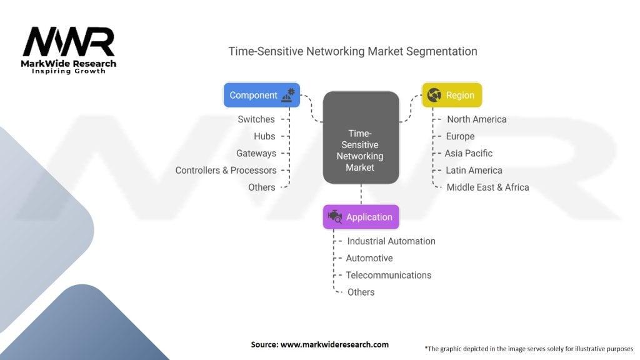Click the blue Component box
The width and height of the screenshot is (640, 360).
(261, 96)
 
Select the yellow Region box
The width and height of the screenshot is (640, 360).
(452, 96)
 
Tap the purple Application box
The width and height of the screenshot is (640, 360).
(361, 217)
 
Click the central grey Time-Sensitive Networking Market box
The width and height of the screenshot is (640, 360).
(361, 138)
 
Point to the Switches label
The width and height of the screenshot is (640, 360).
(256, 119)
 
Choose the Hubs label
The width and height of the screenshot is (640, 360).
(264, 136)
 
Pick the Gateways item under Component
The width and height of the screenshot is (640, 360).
(256, 153)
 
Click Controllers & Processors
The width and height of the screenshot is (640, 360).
(226, 170)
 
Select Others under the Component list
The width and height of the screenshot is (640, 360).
(261, 187)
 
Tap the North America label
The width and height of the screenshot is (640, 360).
(476, 119)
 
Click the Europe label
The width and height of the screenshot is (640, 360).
(460, 136)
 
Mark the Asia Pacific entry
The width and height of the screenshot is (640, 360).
(469, 153)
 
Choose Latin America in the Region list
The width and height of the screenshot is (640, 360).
(474, 170)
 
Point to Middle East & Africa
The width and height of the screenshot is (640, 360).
(487, 187)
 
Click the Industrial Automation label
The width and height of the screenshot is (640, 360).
(391, 241)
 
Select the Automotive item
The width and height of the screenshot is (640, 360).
(369, 258)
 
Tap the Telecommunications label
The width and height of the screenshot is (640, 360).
(389, 275)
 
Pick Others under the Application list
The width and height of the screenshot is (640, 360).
(361, 292)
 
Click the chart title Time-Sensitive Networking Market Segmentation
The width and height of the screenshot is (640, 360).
(352, 51)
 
